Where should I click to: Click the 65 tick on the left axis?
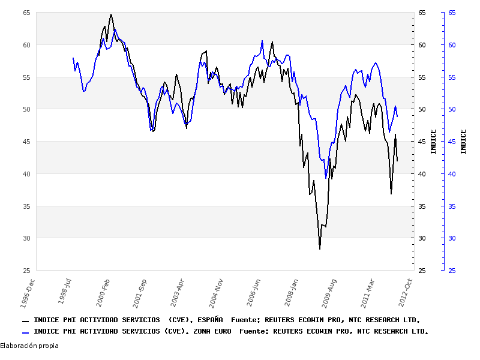pos(27,13)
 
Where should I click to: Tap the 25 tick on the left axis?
pos(27,271)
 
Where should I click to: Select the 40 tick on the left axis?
pos(27,174)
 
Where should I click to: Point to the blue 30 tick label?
pos(452,238)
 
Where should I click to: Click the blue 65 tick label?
pos(452,13)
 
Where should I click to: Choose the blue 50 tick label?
pos(452,109)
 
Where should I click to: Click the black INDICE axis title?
pos(433,142)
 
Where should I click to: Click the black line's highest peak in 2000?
pos(111,14)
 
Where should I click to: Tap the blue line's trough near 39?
pos(326,178)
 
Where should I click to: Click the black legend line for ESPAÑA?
pos(25,320)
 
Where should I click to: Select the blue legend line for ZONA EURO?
pos(25,331)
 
